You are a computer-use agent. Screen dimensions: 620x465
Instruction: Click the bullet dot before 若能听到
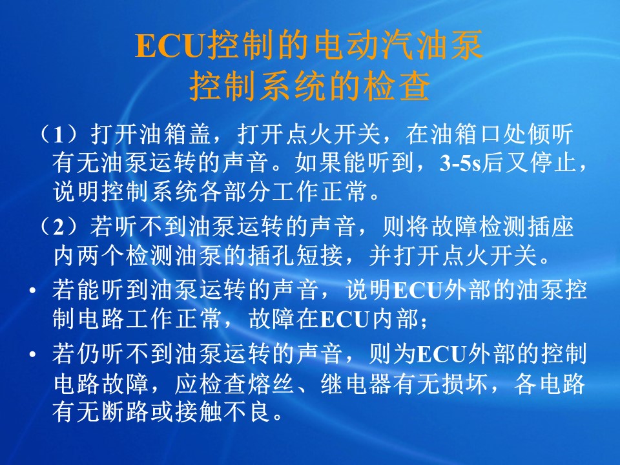(33, 291)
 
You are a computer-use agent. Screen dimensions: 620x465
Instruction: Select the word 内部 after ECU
(396, 318)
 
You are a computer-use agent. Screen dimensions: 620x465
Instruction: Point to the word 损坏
(466, 383)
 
